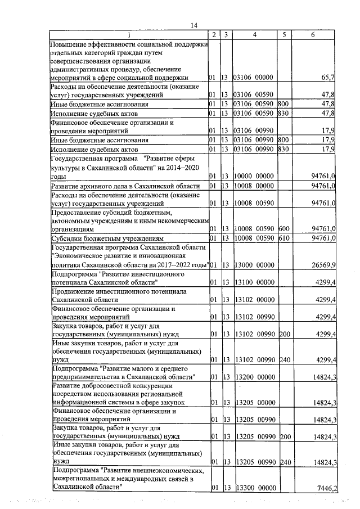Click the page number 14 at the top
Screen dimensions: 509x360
coord(195,25)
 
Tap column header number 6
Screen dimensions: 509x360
coord(313,35)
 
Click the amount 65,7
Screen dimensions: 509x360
coord(328,77)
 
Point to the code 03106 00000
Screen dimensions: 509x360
coord(254,77)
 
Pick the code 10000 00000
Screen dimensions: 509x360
coord(254,176)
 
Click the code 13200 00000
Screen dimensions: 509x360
coord(254,376)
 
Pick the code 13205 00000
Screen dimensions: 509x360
coord(254,403)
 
